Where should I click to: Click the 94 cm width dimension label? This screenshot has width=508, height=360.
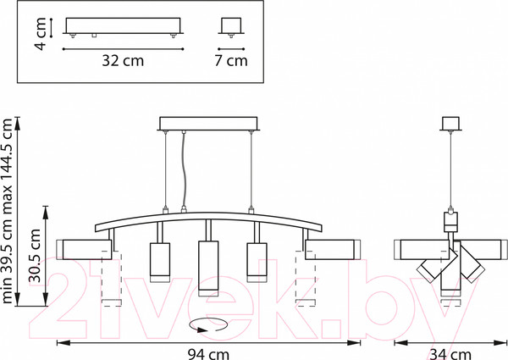208,354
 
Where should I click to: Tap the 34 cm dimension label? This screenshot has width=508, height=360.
450,354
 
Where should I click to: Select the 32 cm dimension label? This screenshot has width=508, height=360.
123,61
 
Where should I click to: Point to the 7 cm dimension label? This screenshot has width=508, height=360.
231,61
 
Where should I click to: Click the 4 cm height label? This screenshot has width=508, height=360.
41,34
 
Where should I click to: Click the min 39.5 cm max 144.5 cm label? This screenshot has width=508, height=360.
7,211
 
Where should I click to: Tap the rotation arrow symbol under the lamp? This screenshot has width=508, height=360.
208,325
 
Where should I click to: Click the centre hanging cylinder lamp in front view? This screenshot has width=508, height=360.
208,269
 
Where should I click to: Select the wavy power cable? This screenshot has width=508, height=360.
184,170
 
